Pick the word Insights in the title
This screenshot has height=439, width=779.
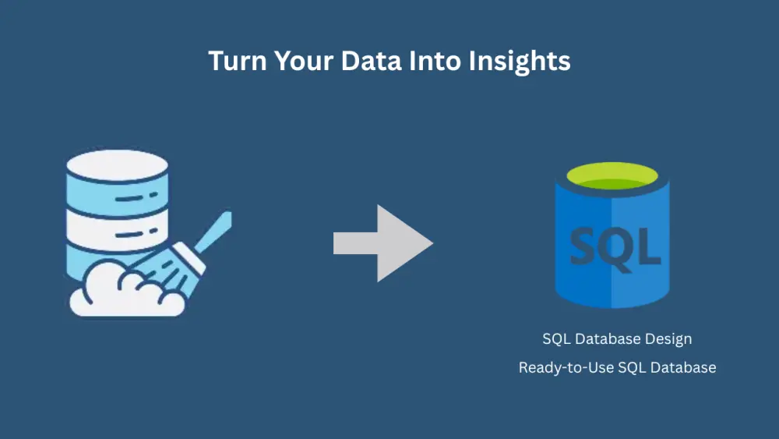[520, 61]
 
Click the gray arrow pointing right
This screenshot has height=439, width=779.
[382, 243]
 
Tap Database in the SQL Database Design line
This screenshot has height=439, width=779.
[609, 339]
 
